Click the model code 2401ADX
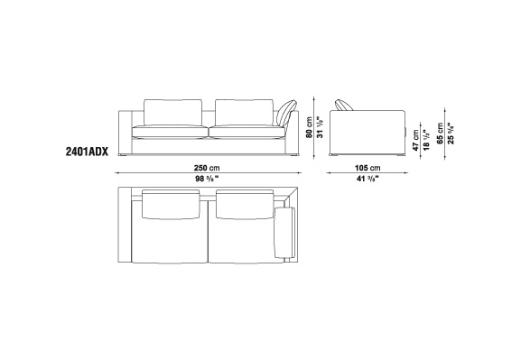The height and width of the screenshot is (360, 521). click(87, 152)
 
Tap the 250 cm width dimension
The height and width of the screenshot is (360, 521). click(207, 168)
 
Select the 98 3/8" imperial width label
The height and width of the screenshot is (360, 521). click(207, 179)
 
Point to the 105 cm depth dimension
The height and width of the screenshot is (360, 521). click(367, 168)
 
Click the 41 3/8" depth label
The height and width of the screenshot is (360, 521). click(367, 179)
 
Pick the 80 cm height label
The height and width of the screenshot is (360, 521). click(310, 127)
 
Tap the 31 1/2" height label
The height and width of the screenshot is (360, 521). click(320, 127)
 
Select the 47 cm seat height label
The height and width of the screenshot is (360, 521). click(416, 141)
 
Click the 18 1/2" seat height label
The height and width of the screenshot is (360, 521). click(426, 140)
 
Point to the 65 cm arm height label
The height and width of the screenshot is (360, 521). click(440, 134)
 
